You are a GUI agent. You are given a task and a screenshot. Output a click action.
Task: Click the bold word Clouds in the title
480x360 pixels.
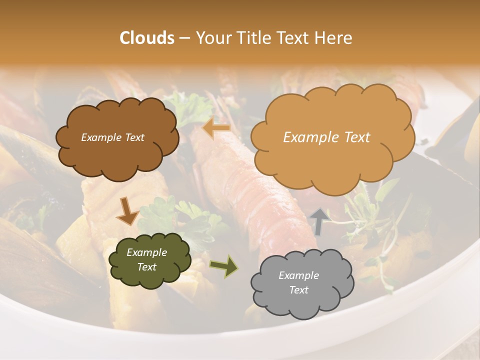pyautogui.click(x=147, y=38)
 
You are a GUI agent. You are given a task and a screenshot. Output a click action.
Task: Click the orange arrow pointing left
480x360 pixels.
pyautogui.click(x=216, y=128)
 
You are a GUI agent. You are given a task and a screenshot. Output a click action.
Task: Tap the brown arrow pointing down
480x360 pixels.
pyautogui.click(x=127, y=210)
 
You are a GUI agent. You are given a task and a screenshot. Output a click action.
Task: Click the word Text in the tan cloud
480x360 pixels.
pyautogui.click(x=353, y=137)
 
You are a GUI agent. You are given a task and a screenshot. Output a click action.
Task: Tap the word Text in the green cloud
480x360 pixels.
pyautogui.click(x=146, y=267)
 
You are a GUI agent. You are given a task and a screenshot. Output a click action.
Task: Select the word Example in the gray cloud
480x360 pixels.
pyautogui.click(x=298, y=275)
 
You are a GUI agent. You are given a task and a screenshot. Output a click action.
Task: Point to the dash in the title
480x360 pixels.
pyautogui.click(x=184, y=38)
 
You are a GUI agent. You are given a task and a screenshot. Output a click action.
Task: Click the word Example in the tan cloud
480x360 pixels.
pyautogui.click(x=306, y=137)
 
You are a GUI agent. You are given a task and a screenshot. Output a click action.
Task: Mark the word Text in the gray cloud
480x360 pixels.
pyautogui.click(x=298, y=290)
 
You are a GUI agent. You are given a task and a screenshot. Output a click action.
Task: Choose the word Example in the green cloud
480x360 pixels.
pyautogui.click(x=146, y=253)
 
